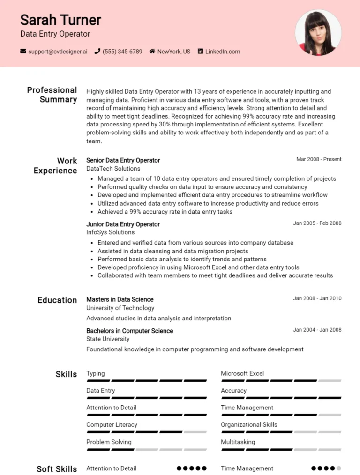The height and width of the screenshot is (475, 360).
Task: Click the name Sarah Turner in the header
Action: click(x=60, y=20)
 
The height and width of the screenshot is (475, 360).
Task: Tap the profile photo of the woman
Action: click(x=318, y=33)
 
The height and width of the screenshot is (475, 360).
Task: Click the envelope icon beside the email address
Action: click(x=23, y=52)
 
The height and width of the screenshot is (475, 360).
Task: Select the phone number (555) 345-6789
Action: click(x=122, y=52)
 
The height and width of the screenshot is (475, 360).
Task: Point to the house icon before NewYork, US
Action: click(x=152, y=52)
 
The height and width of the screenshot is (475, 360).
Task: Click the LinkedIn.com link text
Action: click(x=222, y=52)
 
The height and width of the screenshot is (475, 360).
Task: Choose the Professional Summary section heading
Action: click(x=52, y=95)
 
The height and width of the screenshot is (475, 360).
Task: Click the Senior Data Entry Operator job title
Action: click(x=123, y=160)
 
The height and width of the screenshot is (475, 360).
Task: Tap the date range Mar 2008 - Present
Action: click(x=319, y=159)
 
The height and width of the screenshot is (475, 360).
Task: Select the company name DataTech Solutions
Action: click(x=113, y=169)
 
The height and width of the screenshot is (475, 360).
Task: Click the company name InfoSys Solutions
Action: click(x=110, y=232)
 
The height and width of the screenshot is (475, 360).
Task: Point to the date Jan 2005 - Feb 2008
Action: click(x=317, y=223)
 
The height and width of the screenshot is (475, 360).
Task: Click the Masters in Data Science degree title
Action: click(x=120, y=299)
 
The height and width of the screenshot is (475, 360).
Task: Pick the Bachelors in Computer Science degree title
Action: click(x=129, y=331)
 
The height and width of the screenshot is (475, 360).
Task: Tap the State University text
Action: click(x=108, y=339)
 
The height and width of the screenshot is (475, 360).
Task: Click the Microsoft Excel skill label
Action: click(x=242, y=373)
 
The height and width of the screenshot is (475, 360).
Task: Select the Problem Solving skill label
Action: click(x=109, y=442)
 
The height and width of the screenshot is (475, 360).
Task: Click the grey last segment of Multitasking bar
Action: click(x=330, y=449)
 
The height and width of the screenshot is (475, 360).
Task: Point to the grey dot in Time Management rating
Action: click(x=338, y=468)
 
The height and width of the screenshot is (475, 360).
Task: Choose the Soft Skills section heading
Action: click(x=57, y=469)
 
